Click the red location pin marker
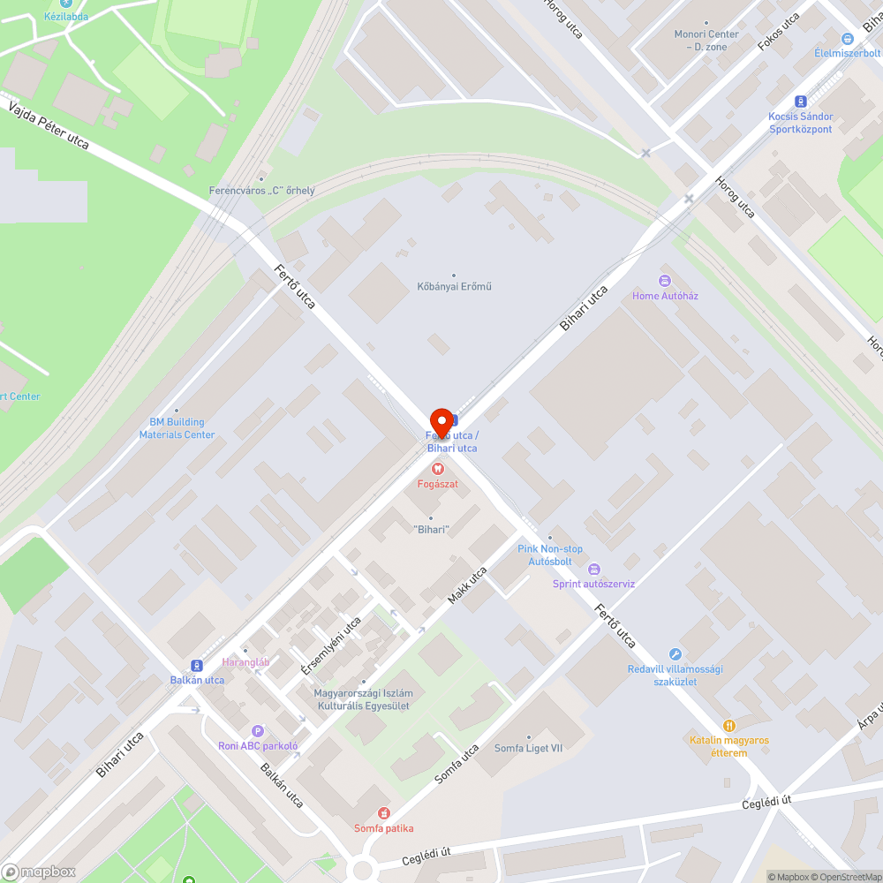coord(441,422)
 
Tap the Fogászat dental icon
coord(438,469)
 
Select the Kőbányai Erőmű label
coord(454,286)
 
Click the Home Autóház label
coord(665,296)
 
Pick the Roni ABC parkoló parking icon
coord(258,730)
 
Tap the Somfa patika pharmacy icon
coord(383,812)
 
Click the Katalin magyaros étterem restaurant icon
coord(729,725)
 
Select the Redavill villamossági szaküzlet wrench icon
coord(675,654)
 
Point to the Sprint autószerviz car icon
coord(594,569)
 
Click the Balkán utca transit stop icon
coord(197,666)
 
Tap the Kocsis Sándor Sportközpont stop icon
coord(801,102)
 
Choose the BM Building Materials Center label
coord(177,429)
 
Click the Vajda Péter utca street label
coord(49,125)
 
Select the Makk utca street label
coord(467,585)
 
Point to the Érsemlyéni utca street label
coord(331,645)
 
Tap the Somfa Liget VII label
coord(528,748)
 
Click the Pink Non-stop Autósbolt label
coord(550,555)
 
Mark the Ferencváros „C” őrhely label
coord(261,190)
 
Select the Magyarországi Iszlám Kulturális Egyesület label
coord(363,699)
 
